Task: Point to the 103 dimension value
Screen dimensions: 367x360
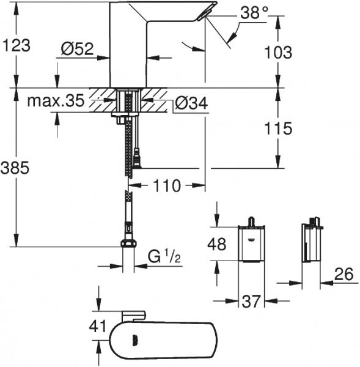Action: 277,52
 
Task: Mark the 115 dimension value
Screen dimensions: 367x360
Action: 278,128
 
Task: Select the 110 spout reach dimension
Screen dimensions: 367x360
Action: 166,185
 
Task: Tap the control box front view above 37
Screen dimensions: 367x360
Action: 251,243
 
